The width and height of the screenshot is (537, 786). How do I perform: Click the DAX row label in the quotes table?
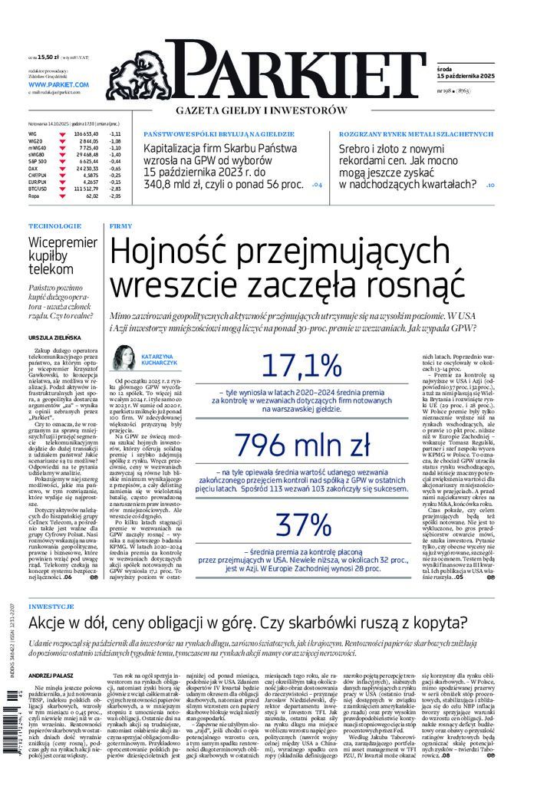[33, 168]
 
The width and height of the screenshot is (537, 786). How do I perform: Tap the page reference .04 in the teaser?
[318, 185]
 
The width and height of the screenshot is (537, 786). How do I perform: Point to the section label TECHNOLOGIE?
[54, 226]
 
